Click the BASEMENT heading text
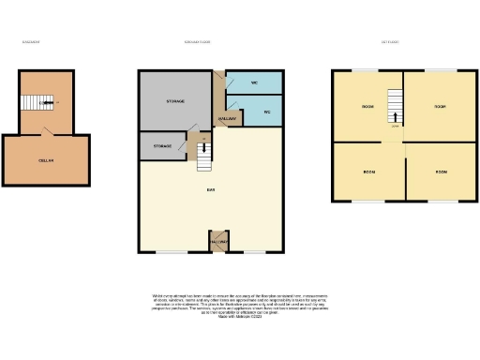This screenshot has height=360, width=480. (31, 41)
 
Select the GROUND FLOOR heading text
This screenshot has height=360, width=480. (196, 41)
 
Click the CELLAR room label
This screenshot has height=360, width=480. (45, 161)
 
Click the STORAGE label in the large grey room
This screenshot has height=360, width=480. (175, 100)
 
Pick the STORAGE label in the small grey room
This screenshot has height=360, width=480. (162, 146)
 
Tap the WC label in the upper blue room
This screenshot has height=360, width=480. (254, 82)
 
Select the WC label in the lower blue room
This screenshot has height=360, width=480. (267, 112)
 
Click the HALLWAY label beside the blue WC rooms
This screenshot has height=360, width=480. (228, 119)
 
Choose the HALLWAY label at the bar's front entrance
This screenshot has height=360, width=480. (218, 242)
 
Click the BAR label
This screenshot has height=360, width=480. (211, 191)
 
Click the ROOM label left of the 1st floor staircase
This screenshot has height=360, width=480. (368, 107)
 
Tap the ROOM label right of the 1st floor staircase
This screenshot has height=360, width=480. (439, 107)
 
